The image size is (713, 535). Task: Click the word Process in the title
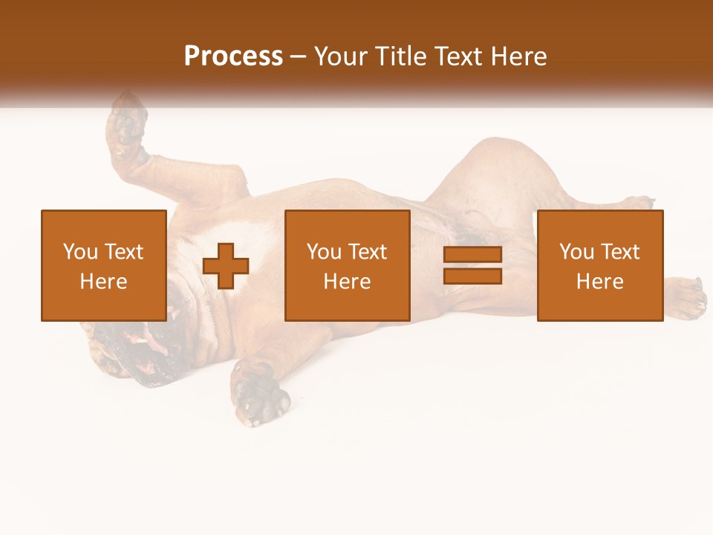(x=233, y=56)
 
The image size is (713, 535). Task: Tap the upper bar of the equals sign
(x=472, y=255)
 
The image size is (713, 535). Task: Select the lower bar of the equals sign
(x=472, y=276)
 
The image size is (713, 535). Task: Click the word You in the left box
(x=80, y=252)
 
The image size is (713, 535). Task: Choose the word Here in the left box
(x=103, y=282)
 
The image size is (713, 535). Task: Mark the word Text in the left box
(x=123, y=252)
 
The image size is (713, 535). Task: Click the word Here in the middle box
(x=347, y=282)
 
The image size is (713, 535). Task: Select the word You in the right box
(x=576, y=252)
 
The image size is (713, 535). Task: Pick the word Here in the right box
(x=599, y=282)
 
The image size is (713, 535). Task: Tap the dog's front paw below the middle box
(x=260, y=394)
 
